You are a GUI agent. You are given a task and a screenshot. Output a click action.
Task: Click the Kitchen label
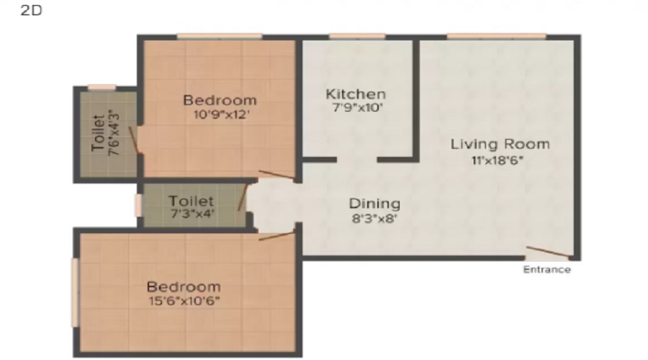click(x=356, y=94)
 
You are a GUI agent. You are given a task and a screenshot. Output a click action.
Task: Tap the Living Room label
click(x=500, y=144)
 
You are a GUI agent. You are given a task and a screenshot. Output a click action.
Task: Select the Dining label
click(x=375, y=204)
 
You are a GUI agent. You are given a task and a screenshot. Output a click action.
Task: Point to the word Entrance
click(x=546, y=269)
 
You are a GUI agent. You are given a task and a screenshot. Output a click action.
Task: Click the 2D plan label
click(x=32, y=10)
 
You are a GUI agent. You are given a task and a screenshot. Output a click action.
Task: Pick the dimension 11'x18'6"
click(x=498, y=160)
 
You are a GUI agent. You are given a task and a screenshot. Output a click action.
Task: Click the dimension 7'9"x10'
click(x=357, y=108)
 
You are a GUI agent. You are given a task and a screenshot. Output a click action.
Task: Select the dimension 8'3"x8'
click(x=374, y=218)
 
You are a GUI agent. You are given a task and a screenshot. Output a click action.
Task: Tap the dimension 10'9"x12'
click(x=221, y=114)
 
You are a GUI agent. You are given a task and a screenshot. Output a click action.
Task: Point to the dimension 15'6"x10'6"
click(x=184, y=301)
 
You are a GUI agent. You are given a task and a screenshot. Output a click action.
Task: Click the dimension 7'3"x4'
click(x=192, y=214)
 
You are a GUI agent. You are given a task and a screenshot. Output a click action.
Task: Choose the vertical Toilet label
click(x=98, y=133)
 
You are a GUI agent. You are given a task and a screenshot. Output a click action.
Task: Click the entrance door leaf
click(x=549, y=252)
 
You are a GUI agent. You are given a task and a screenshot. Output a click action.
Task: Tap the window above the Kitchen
click(x=357, y=37)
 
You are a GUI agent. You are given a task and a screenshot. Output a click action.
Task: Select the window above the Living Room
click(x=497, y=37)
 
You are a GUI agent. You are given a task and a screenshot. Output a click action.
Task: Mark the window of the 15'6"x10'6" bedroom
click(x=75, y=292)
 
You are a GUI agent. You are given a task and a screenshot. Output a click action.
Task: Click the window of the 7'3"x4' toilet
click(x=138, y=205)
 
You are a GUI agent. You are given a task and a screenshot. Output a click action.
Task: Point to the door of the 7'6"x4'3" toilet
click(x=134, y=140)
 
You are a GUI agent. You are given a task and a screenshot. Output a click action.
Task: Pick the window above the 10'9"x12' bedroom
click(x=220, y=37)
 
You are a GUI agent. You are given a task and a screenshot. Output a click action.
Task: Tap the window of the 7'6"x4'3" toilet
click(x=102, y=88)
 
